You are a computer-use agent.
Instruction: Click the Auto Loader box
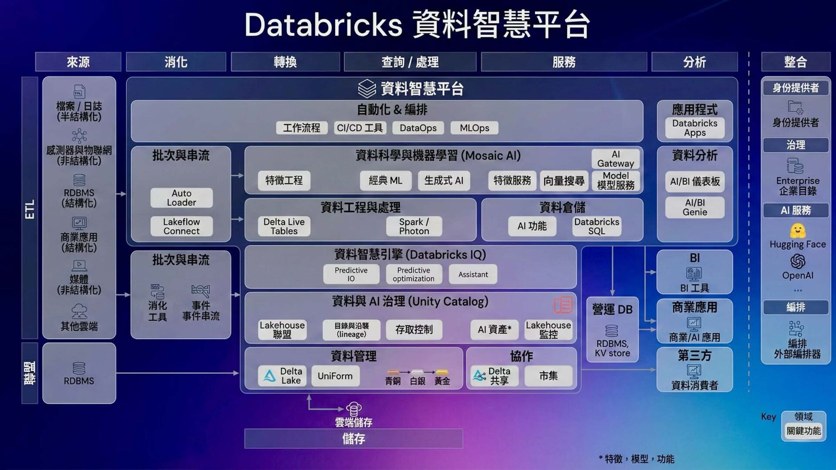(x=182, y=198)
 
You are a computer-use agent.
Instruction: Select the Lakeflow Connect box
(x=182, y=226)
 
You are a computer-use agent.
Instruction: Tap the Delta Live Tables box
(x=284, y=226)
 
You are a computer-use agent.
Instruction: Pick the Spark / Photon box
(x=414, y=226)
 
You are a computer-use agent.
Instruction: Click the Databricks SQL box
(x=597, y=226)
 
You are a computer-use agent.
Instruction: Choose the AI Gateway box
(x=615, y=159)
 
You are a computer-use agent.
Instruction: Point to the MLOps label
(x=474, y=128)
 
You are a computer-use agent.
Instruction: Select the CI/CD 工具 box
(x=360, y=128)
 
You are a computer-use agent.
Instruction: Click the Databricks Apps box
(x=694, y=128)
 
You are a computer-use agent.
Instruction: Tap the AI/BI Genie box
(x=694, y=207)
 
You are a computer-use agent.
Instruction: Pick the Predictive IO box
(x=351, y=274)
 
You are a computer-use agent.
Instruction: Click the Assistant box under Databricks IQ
(x=473, y=274)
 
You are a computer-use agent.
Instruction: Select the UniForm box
(x=335, y=376)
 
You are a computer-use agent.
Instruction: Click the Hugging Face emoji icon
(x=797, y=230)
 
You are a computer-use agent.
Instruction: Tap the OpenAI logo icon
(x=797, y=262)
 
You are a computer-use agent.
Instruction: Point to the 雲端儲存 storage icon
(x=353, y=409)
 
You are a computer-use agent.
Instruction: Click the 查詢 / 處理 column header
(x=410, y=62)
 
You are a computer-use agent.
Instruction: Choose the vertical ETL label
(x=30, y=209)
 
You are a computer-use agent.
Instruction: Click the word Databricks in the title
(x=323, y=25)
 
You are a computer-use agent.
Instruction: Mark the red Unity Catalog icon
(x=563, y=305)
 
